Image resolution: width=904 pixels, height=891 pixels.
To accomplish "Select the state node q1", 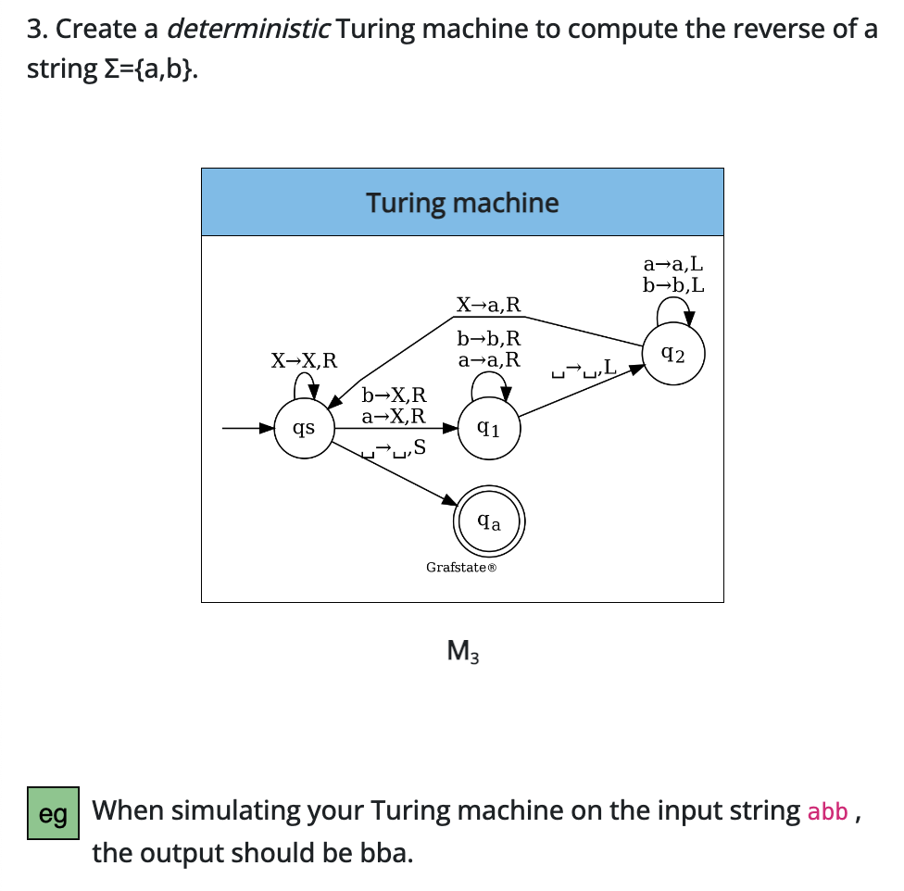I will (x=489, y=429).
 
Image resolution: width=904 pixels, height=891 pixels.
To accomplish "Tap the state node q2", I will (x=674, y=353).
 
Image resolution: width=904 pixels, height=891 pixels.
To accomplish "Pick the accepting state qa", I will (x=489, y=522).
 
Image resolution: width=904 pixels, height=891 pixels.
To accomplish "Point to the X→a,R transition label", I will (x=488, y=304).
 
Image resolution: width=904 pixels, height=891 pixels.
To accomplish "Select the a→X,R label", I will (x=394, y=416).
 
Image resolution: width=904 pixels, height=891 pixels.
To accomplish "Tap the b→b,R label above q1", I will (x=488, y=338).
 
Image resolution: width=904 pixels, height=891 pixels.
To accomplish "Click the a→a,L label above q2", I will (x=673, y=265).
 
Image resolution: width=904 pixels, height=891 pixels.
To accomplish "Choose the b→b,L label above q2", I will (x=673, y=284).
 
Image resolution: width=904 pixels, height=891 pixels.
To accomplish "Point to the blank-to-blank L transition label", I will (x=583, y=371).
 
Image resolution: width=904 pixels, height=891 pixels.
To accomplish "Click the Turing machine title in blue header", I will (x=462, y=203).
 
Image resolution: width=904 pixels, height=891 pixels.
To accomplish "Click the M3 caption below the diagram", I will (x=462, y=652).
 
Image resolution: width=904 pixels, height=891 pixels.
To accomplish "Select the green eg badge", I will (x=54, y=813).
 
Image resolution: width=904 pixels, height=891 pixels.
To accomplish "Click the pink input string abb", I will (x=827, y=812).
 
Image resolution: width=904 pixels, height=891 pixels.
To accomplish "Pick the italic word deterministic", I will (x=248, y=29).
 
